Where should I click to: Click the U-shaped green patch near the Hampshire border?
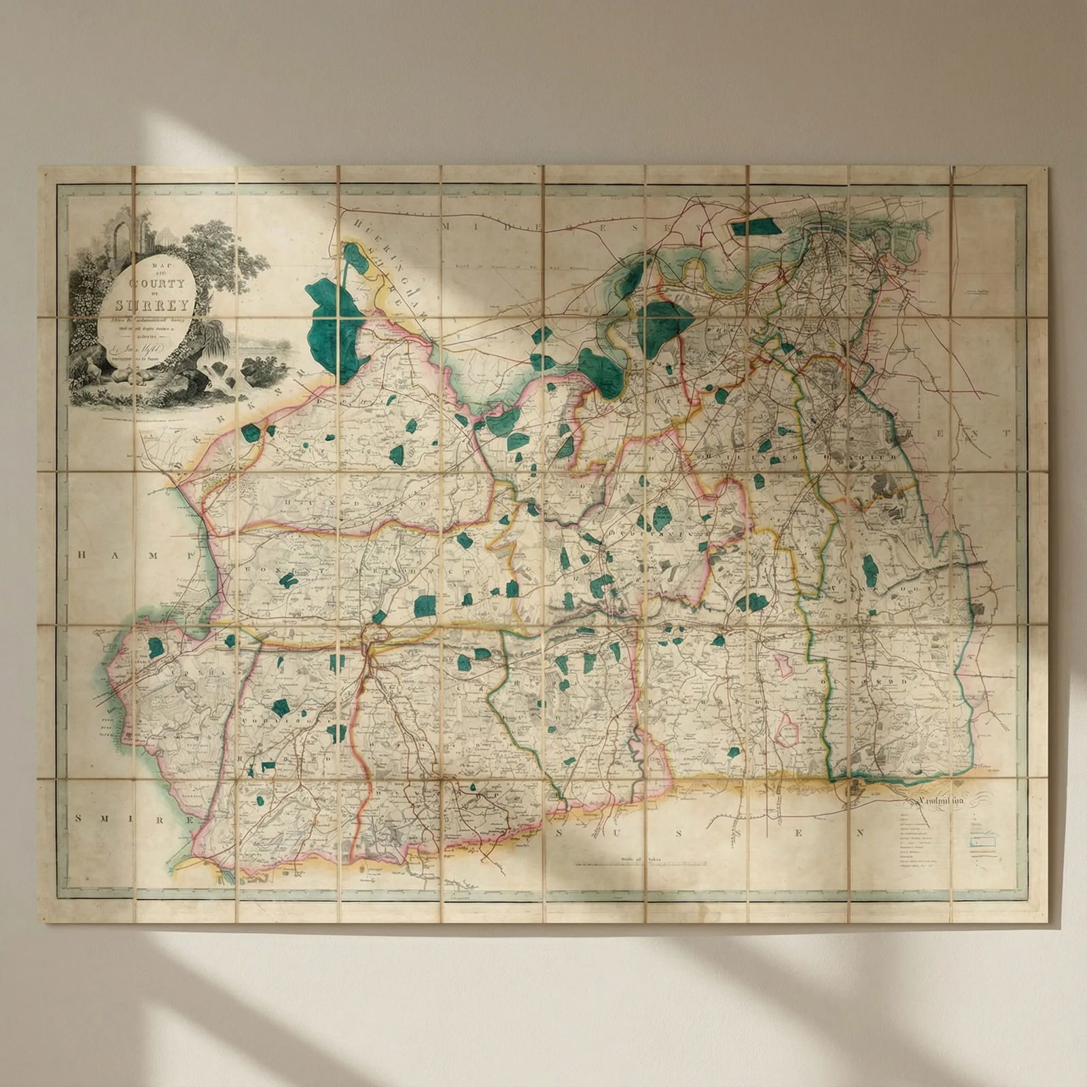pyautogui.click(x=288, y=580)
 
